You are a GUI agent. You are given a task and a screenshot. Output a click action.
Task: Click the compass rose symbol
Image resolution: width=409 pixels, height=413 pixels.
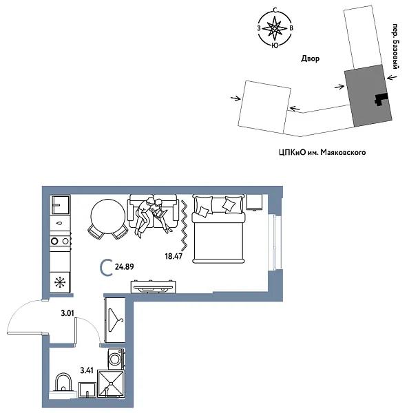(x=275, y=29)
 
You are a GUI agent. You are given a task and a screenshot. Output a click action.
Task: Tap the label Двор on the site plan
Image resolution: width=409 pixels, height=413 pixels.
(x=310, y=59)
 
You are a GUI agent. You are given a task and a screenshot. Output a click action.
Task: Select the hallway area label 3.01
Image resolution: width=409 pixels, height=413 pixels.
(x=67, y=314)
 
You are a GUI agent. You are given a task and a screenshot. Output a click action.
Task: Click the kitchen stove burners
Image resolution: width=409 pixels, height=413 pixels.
(x=61, y=241)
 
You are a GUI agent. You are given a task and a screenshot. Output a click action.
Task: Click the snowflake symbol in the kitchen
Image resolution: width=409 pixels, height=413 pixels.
(x=61, y=282)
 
